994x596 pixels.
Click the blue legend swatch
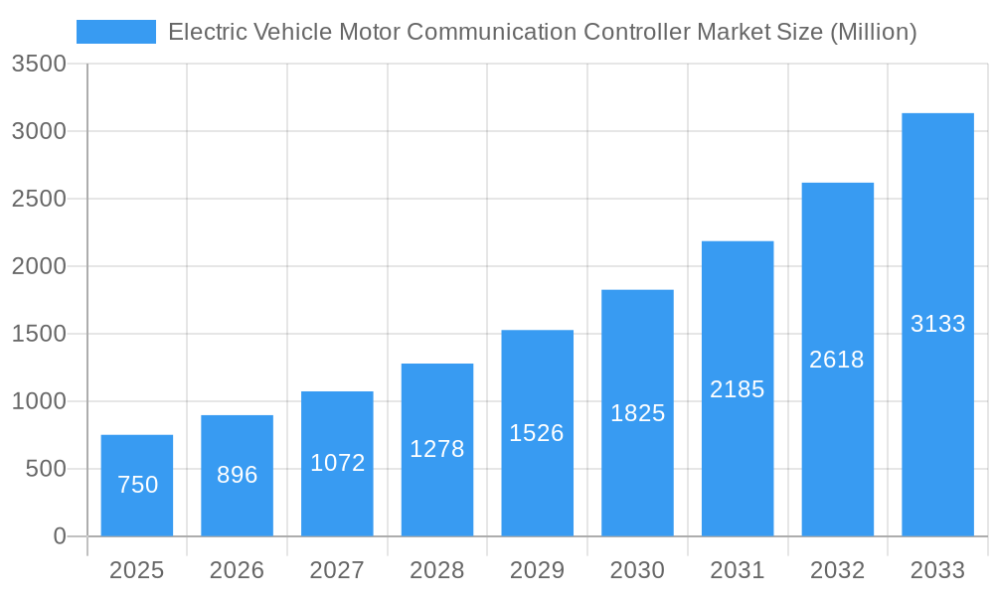coord(116,32)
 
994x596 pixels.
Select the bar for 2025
coord(137,486)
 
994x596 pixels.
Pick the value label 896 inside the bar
coord(237,475)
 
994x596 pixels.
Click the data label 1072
coord(337,463)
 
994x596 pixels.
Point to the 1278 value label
coord(437,449)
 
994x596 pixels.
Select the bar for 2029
coord(537,433)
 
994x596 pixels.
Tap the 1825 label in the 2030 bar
coord(637,413)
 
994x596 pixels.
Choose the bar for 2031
coord(738,388)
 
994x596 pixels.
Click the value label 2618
coord(837,360)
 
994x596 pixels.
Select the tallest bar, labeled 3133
coord(937,325)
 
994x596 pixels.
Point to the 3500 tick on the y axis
coord(39,65)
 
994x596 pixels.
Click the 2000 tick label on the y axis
coord(39,266)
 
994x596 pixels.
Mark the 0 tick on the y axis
coord(60,536)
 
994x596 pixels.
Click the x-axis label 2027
coord(337,570)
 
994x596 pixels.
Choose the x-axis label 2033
coord(937,570)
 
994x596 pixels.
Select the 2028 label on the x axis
coord(437,570)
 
